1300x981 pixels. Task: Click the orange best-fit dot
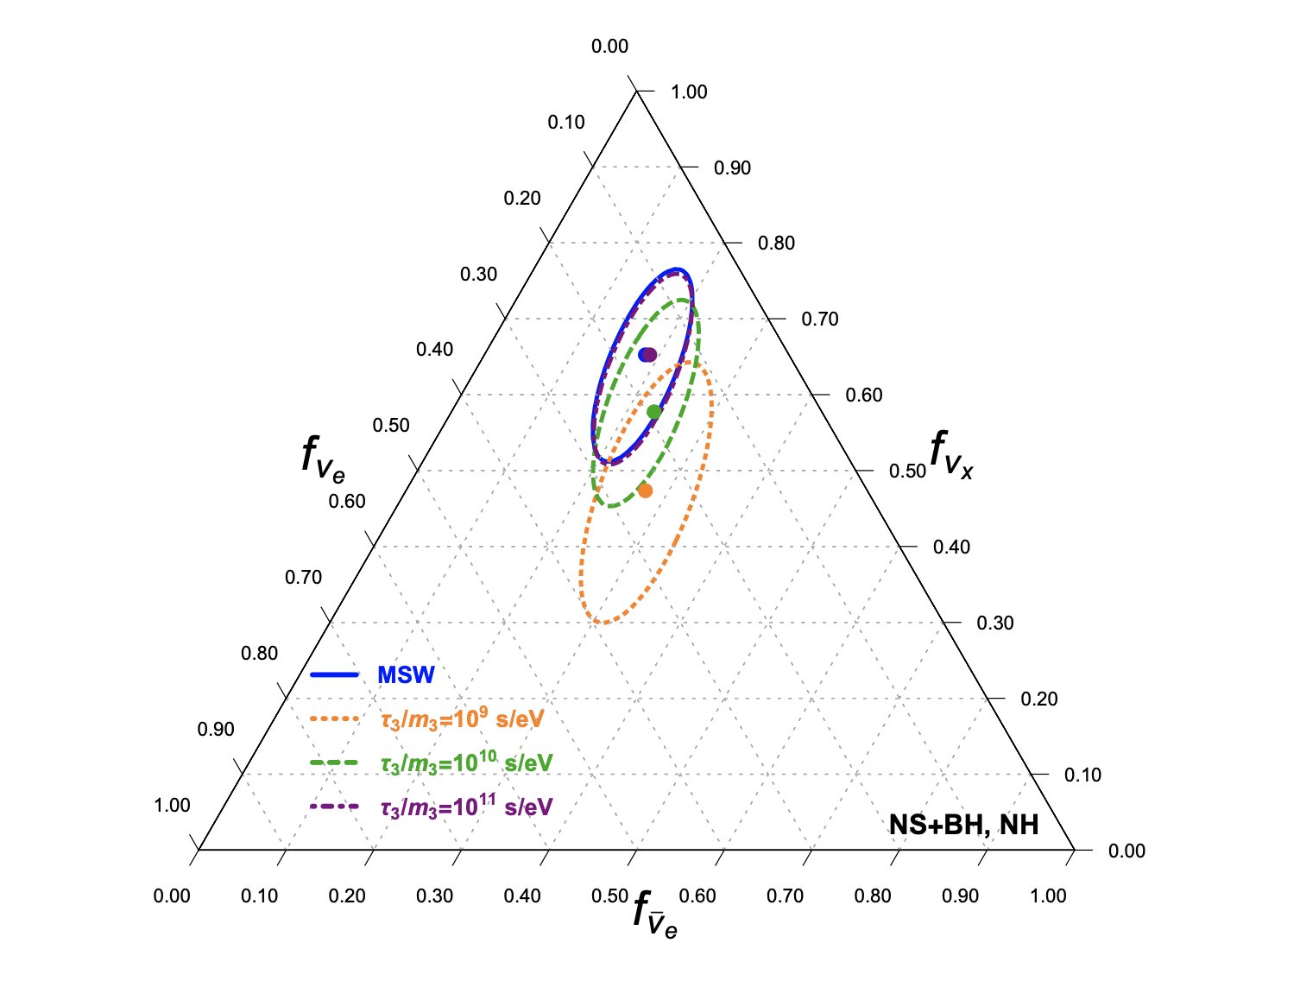click(x=645, y=490)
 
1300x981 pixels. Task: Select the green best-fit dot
click(x=654, y=412)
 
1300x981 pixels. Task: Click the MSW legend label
click(x=406, y=675)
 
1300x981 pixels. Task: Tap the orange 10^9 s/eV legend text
click(x=462, y=718)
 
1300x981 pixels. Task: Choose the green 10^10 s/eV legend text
click(x=466, y=763)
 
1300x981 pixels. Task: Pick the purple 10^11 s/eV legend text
click(x=466, y=807)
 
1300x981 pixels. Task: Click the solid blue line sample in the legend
click(x=334, y=674)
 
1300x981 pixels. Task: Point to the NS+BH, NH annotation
click(x=964, y=825)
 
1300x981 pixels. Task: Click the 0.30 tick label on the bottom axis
click(x=434, y=896)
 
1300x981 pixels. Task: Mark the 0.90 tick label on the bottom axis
click(x=960, y=896)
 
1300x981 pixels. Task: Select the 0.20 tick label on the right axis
click(x=1038, y=699)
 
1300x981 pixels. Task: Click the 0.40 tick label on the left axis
click(x=434, y=349)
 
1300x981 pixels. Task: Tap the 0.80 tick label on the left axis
click(x=259, y=653)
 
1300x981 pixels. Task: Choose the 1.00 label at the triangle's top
click(x=689, y=92)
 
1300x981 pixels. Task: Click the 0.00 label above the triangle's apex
click(x=609, y=47)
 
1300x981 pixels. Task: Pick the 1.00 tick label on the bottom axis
click(x=1048, y=896)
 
